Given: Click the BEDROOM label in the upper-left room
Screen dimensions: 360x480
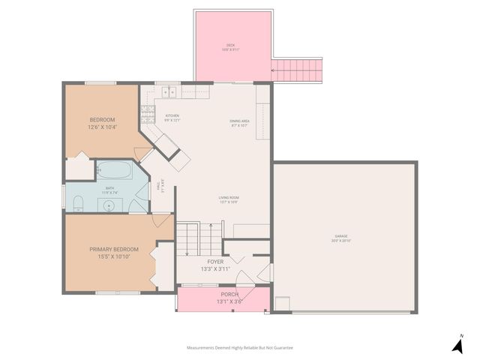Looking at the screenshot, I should [102, 120].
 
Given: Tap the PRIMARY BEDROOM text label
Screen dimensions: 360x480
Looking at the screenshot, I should [114, 249].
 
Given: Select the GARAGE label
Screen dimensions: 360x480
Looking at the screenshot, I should [341, 236].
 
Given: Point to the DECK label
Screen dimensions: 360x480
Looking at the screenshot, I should [231, 45].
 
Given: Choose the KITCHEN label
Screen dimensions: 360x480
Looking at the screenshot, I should [172, 115].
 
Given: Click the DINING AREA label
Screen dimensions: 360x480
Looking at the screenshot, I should [239, 121].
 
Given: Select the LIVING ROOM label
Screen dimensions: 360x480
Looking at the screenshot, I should [229, 197].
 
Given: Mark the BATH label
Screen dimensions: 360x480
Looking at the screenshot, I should [109, 188].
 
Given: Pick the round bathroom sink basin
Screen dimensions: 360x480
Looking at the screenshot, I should [109, 203].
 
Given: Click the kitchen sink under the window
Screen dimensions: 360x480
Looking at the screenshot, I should [169, 92].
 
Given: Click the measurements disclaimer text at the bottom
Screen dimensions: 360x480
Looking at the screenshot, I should [240, 348].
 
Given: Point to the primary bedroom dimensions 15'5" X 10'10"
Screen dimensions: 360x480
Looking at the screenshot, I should [114, 257].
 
